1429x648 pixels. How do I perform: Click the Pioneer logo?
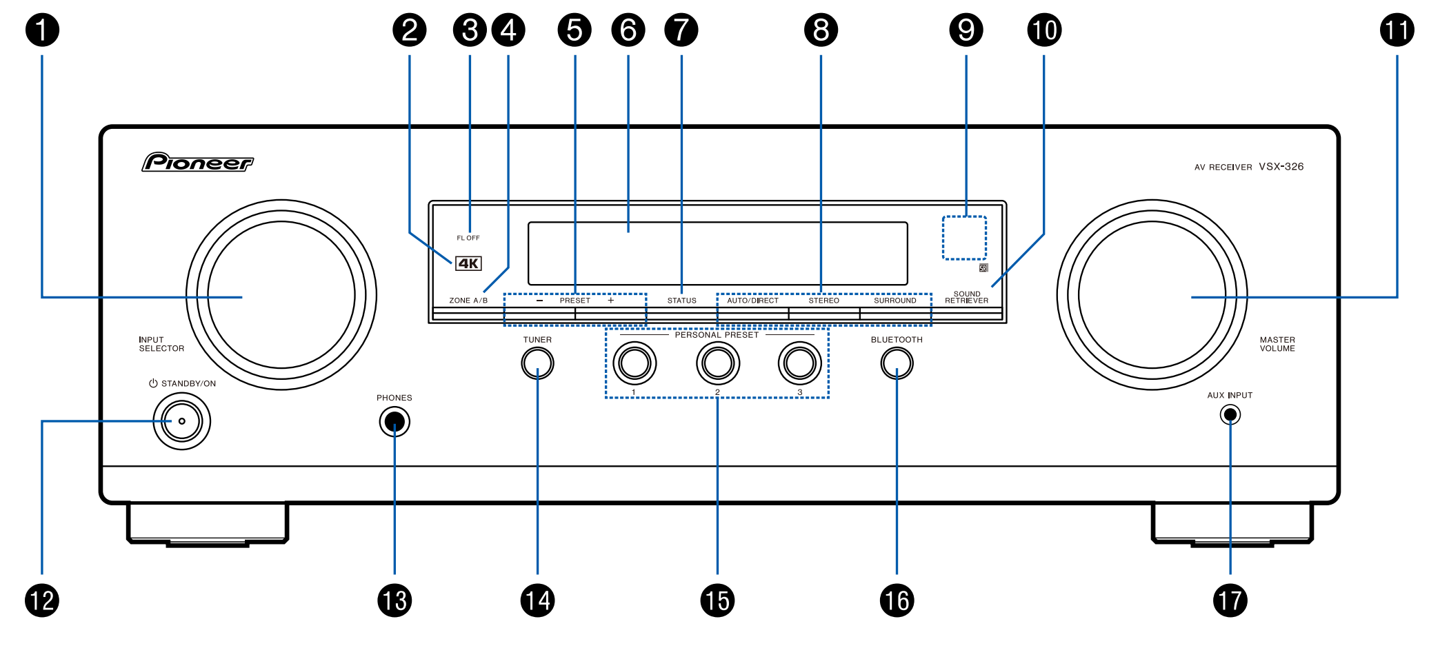point(198,163)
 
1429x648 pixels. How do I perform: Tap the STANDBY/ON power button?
point(181,421)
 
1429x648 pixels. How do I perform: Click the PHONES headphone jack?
point(394,421)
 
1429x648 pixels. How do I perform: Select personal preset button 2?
point(717,363)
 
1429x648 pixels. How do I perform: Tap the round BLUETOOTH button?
point(897,363)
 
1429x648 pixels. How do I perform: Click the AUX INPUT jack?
point(1230,414)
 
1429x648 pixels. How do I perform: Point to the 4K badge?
point(468,263)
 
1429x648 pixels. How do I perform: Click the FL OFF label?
point(468,238)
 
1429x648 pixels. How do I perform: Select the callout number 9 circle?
point(966,30)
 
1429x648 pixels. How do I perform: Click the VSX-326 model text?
point(1281,167)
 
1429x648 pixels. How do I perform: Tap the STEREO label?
point(823,301)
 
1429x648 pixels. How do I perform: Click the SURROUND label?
point(895,301)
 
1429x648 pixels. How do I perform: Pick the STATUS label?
point(681,301)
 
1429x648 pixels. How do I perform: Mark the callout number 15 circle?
point(717,600)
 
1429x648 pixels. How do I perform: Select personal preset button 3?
point(799,363)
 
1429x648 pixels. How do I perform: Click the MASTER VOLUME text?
point(1277,344)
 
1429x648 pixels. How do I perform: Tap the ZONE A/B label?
point(468,301)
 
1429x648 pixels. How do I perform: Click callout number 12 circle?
point(42,600)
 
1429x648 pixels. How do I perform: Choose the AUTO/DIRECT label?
point(752,301)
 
